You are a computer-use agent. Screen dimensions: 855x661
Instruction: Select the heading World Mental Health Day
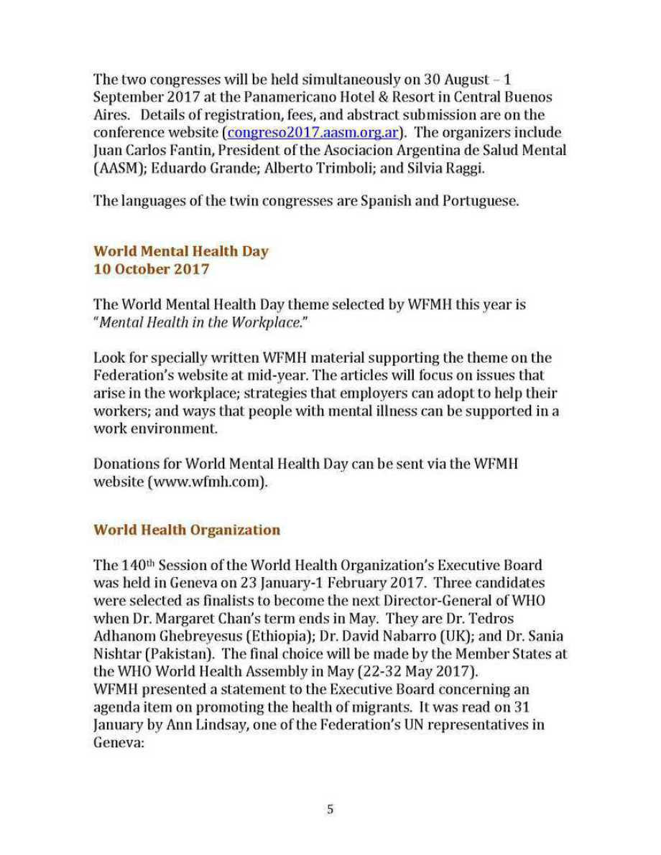pos(181,251)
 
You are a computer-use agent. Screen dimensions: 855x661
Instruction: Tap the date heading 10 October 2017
pos(152,269)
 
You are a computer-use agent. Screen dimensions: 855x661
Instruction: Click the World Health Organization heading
pos(187,530)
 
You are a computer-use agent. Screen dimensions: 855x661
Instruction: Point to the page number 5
pos(330,809)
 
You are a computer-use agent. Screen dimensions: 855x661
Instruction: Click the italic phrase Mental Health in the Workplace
pos(198,322)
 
